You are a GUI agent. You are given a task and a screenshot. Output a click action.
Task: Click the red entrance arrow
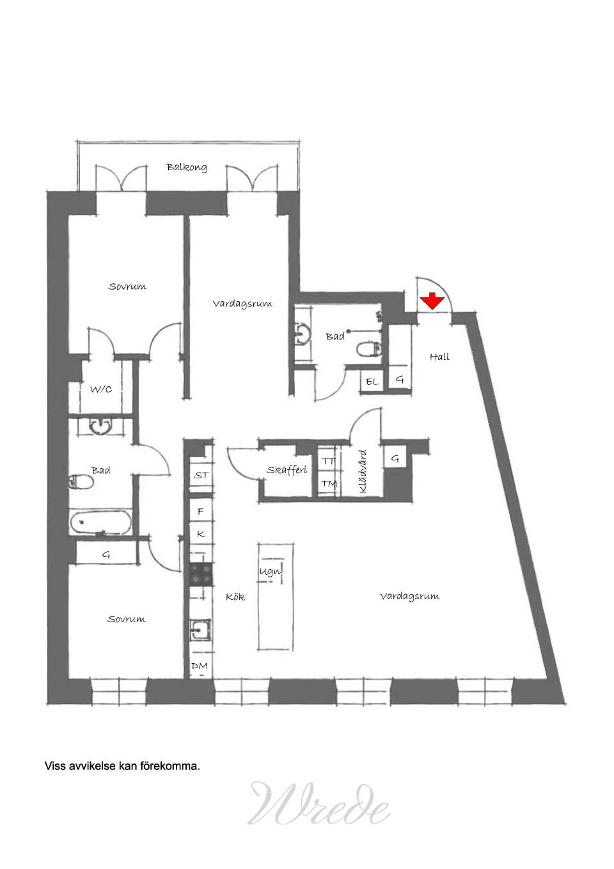click(432, 301)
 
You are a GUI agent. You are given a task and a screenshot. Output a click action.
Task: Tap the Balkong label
click(187, 167)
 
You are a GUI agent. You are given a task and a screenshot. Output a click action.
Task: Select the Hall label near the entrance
click(440, 357)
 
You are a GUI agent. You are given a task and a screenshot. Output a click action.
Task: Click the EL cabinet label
click(372, 382)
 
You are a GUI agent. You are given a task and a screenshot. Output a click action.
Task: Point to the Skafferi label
click(287, 469)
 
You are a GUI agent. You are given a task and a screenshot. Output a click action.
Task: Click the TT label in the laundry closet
click(329, 462)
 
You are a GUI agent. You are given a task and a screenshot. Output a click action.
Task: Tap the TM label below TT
click(329, 484)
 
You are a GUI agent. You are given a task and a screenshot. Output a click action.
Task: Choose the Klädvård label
click(363, 471)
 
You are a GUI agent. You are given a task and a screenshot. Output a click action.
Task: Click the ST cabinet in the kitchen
click(201, 475)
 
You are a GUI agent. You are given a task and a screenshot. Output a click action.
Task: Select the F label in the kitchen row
click(200, 512)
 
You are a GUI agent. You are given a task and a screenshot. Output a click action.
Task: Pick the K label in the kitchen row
click(201, 534)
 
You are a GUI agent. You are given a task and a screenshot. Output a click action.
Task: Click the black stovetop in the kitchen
click(201, 574)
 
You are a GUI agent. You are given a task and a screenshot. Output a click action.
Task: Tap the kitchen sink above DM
click(200, 630)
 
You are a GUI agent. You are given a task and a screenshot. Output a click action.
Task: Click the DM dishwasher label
click(200, 666)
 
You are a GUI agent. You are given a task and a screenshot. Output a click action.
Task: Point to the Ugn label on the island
click(270, 572)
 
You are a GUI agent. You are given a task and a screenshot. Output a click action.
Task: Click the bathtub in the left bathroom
click(100, 522)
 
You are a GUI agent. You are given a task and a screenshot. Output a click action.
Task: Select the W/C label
click(101, 389)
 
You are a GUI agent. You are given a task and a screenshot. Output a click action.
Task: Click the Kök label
click(235, 596)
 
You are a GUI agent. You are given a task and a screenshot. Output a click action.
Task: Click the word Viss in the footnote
click(56, 766)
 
